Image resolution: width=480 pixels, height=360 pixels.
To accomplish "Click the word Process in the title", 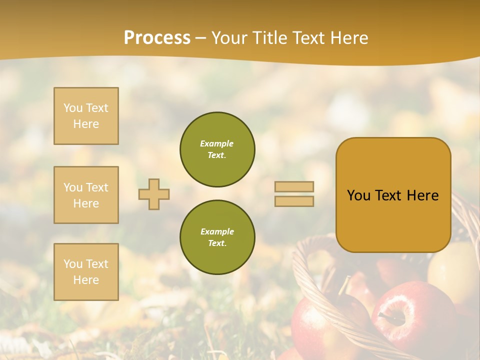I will click(x=157, y=38).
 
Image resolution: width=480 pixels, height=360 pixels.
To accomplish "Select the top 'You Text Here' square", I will click(x=86, y=116).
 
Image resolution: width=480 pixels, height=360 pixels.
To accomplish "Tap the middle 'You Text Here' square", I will click(x=86, y=195).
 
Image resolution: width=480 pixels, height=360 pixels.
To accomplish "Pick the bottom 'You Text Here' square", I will click(x=86, y=271).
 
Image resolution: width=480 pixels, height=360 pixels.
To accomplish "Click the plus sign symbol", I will click(x=154, y=194).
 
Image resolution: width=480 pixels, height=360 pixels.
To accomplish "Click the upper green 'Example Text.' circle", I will click(x=217, y=149).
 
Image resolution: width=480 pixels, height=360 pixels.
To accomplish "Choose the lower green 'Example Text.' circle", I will click(x=217, y=237).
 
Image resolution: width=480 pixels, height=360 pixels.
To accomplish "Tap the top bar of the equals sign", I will click(x=294, y=186).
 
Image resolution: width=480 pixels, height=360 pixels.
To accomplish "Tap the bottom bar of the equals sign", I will click(x=294, y=201).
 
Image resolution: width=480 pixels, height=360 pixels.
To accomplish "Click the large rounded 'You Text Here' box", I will click(x=393, y=195).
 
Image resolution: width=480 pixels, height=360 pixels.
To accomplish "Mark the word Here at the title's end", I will click(x=348, y=38).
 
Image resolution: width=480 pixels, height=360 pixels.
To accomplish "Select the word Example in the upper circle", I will click(x=217, y=143).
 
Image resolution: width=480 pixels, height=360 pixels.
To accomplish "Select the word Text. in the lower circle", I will click(x=217, y=243).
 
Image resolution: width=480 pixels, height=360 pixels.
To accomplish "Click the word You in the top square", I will click(x=72, y=108).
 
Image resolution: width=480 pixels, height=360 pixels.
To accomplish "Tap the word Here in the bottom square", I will click(x=86, y=280).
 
